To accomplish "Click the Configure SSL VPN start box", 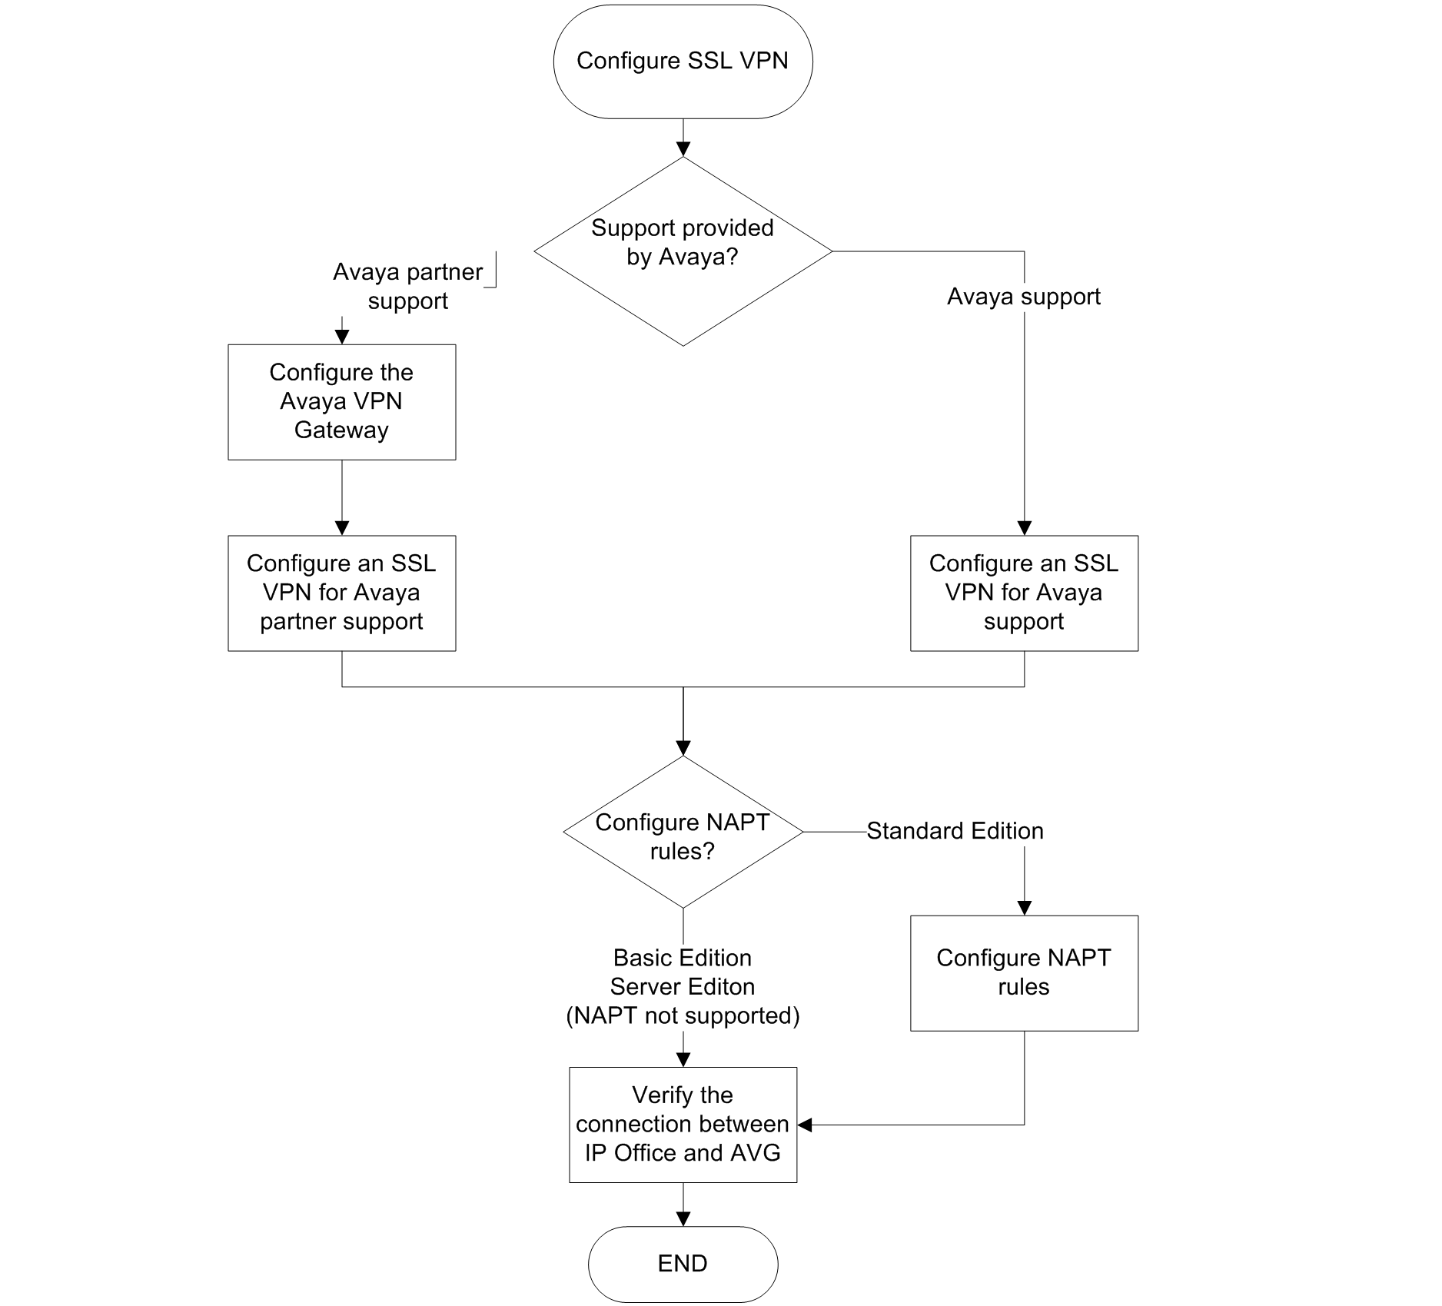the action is point(683,61).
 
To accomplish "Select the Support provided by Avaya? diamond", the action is point(683,251).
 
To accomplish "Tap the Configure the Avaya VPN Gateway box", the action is point(342,402).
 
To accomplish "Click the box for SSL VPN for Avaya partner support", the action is point(342,593).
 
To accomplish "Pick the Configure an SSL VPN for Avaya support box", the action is point(1024,593).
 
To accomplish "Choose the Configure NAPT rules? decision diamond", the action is point(683,832).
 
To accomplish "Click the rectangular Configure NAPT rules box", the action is point(1024,973).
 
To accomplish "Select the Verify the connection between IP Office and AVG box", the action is point(683,1125).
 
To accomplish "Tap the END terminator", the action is point(683,1264).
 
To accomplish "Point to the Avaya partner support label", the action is point(408,286).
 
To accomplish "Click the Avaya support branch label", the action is point(1024,297).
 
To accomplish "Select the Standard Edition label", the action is point(955,831).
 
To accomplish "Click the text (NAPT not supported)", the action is point(683,1016).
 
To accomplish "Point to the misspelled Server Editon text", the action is point(683,987).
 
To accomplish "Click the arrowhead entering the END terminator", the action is point(683,1219).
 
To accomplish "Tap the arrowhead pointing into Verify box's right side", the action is point(805,1125).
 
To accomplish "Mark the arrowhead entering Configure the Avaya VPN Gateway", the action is point(342,337).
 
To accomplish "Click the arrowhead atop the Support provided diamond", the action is point(683,149).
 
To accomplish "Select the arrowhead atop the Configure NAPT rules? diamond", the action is point(683,749).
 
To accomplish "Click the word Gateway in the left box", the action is point(342,430).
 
